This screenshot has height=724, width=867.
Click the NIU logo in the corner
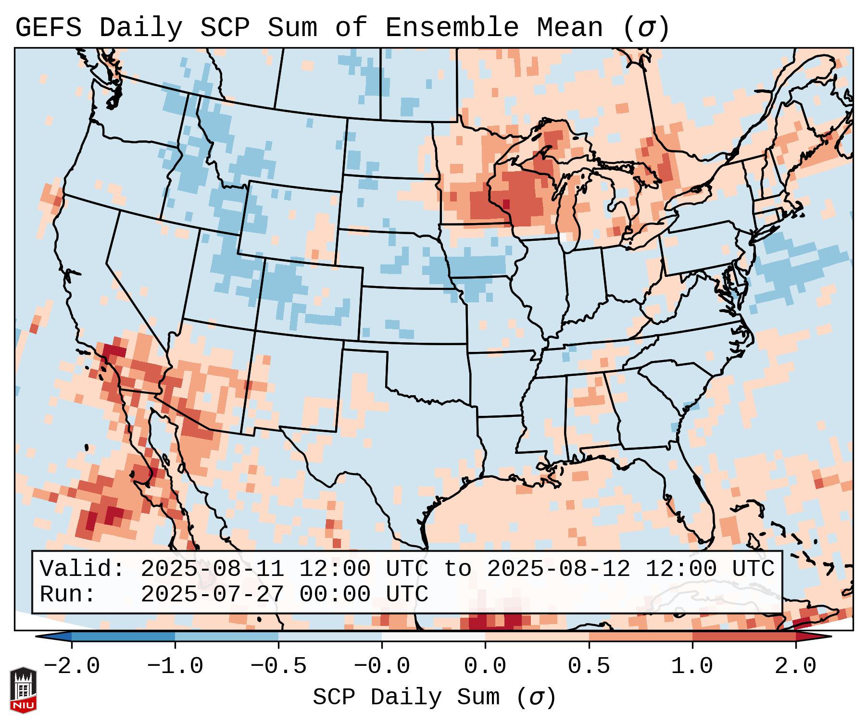click(x=23, y=689)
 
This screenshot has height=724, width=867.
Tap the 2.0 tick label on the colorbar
click(x=795, y=666)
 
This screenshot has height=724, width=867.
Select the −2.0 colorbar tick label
click(x=72, y=666)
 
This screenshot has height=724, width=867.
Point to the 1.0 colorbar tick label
click(x=692, y=666)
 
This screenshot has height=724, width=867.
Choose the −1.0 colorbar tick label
click(x=175, y=666)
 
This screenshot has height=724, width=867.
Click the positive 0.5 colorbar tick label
click(x=589, y=666)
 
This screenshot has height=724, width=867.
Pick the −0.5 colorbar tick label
click(x=278, y=666)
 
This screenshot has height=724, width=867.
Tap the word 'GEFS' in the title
click(x=48, y=28)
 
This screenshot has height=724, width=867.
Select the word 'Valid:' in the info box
click(x=82, y=569)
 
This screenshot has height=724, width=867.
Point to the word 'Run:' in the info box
click(x=68, y=594)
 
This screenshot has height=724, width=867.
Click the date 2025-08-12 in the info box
click(x=558, y=569)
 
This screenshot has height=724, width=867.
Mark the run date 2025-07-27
click(x=212, y=594)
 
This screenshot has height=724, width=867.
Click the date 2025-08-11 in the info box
click(x=212, y=569)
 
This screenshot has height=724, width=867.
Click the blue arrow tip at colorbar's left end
click(x=51, y=637)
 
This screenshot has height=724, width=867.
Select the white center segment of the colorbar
click(x=433, y=637)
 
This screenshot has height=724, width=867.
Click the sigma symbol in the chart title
click(x=646, y=28)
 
